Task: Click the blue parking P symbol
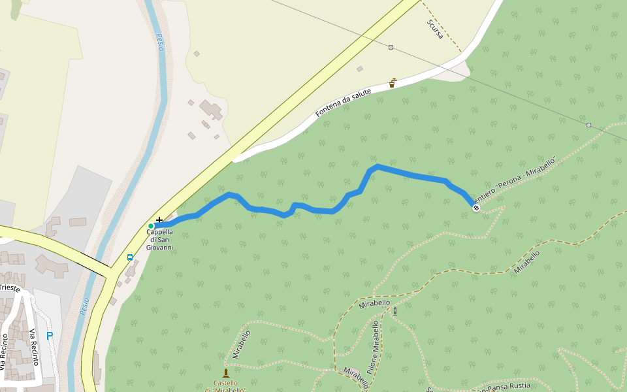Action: click(x=50, y=336)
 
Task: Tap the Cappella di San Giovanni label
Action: click(x=159, y=239)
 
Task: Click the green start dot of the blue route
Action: click(x=151, y=226)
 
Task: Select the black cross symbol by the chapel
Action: click(x=159, y=221)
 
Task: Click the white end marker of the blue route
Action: click(x=475, y=208)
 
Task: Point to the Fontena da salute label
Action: click(x=343, y=103)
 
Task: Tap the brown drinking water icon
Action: click(x=393, y=83)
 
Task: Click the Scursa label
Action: click(x=435, y=29)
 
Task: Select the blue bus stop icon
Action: click(x=130, y=257)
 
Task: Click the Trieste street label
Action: click(x=10, y=287)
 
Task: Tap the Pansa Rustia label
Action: click(x=506, y=386)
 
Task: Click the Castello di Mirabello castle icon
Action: click(x=226, y=373)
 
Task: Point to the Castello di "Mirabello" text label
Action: click(x=225, y=386)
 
